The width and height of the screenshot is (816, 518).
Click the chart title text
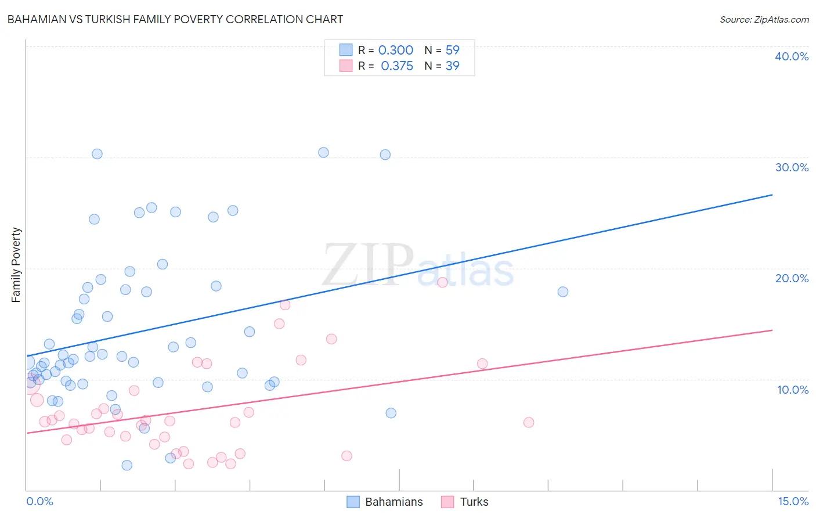coord(175,19)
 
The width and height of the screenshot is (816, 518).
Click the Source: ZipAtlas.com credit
coord(764,19)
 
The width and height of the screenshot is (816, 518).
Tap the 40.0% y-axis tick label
coord(792,56)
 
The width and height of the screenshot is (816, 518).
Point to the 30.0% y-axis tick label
coord(792,167)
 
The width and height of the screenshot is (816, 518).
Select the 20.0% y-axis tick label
coord(792,278)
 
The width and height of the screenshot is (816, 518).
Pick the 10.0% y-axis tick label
coord(793,390)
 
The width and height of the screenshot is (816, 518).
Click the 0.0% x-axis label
coord(39,501)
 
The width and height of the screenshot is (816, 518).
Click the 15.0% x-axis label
coord(793,501)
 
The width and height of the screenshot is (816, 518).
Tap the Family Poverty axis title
coord(16,265)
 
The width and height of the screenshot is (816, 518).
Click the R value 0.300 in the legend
coord(396,51)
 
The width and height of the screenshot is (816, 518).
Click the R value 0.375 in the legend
coord(397,66)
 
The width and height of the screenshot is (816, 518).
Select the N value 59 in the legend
coord(453,51)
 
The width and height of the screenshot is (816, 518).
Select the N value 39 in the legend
coord(453,66)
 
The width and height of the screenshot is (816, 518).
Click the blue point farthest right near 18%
coord(562,292)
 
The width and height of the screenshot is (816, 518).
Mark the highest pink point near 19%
coord(442,282)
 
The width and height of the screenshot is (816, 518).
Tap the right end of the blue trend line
coord(772,195)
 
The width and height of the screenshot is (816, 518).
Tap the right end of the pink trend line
coord(772,330)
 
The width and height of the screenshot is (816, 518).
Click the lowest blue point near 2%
coord(127,465)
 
